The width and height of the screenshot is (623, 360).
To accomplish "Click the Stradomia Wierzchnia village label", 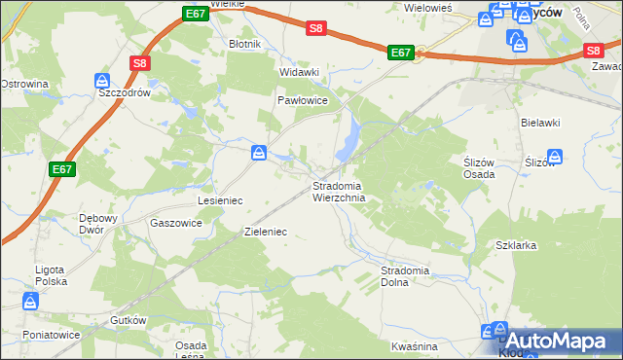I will (x=338, y=191).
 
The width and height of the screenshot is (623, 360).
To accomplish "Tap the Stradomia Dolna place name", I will (x=407, y=276).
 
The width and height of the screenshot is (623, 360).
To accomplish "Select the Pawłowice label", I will (x=306, y=100).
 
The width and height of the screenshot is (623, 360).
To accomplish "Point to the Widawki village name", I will (x=299, y=72).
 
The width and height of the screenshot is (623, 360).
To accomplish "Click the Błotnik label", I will (x=243, y=44).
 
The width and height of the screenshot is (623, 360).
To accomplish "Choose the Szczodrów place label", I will (x=124, y=93).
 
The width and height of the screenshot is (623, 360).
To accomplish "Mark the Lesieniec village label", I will (x=220, y=199).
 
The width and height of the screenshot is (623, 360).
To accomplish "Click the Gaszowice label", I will (x=176, y=222).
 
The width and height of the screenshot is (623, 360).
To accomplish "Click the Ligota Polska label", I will (x=48, y=274).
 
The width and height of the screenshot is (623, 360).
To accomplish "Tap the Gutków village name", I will (x=128, y=320).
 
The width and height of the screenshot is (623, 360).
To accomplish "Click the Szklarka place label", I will (x=516, y=246).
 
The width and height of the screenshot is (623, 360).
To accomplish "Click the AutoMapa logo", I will (x=555, y=341).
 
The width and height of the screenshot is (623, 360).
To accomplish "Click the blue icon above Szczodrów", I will (x=102, y=80).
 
